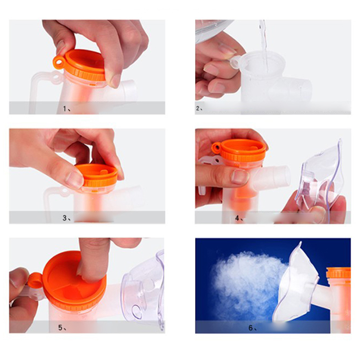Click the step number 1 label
[67, 108]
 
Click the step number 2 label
[199, 108]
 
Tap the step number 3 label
[67, 218]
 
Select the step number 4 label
[239, 218]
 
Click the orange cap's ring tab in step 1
[58, 62]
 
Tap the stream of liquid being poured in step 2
[264, 46]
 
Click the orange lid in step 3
[97, 175]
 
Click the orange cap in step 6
[339, 273]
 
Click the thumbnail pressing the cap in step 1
[115, 81]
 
